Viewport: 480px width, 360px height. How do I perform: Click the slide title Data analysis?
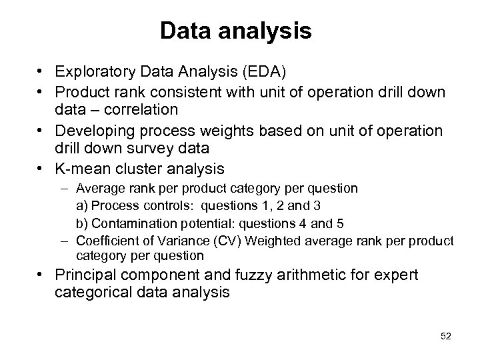236,30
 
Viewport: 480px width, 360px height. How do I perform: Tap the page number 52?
446,336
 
